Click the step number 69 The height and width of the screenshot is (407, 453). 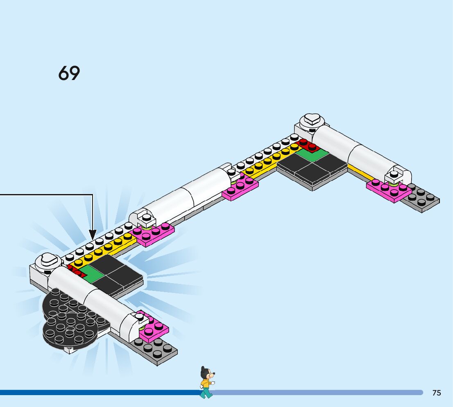point(69,73)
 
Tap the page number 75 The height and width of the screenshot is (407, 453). point(437,393)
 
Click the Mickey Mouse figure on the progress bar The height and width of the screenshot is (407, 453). point(207,382)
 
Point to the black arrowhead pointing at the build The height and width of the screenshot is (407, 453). point(93,235)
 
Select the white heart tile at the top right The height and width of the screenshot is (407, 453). point(313,120)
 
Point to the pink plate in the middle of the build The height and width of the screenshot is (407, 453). point(240,188)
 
